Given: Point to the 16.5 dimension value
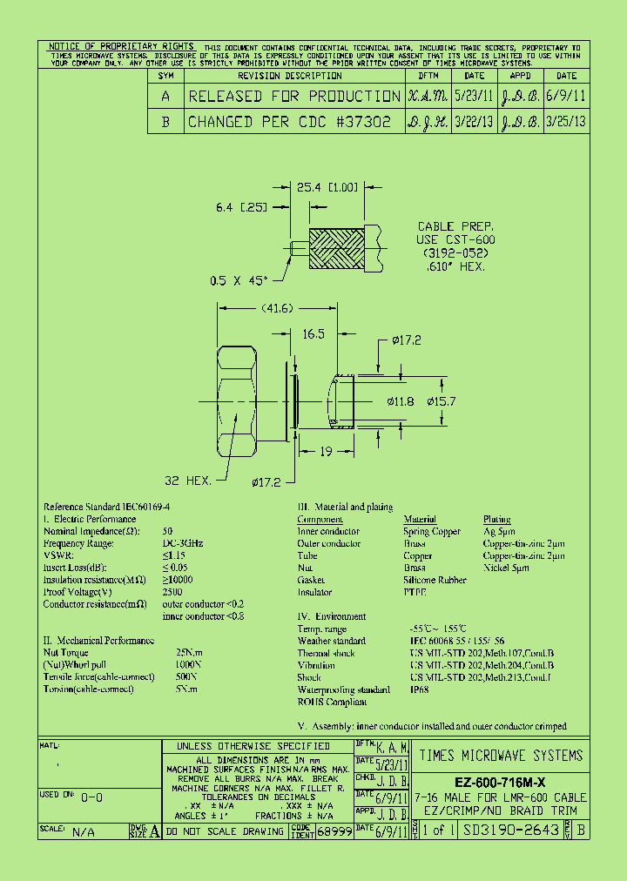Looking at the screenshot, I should (314, 333).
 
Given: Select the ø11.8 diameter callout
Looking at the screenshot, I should (401, 401).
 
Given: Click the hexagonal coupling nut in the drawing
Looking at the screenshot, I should (236, 400).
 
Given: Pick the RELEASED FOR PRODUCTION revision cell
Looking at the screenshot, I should (294, 96).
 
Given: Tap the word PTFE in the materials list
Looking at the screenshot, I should (415, 592).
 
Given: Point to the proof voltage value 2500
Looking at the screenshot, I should (172, 592).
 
